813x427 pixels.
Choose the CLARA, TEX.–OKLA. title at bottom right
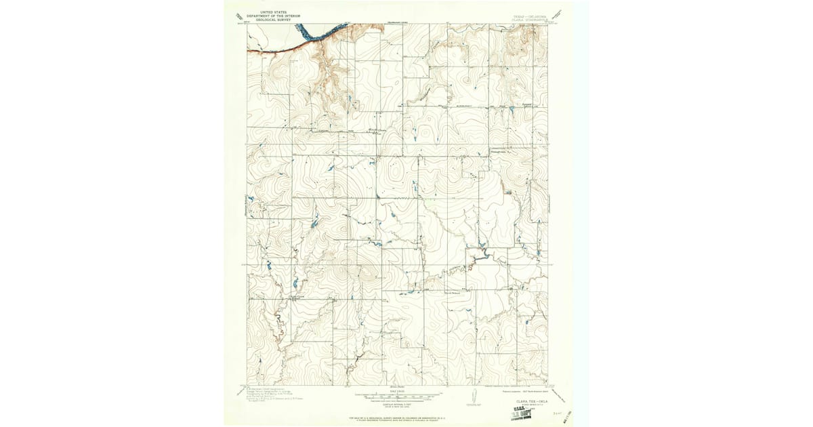(x=532, y=401)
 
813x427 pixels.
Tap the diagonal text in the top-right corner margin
(x=557, y=14)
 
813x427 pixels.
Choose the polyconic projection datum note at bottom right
(x=522, y=391)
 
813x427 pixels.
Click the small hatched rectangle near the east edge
(x=509, y=194)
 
